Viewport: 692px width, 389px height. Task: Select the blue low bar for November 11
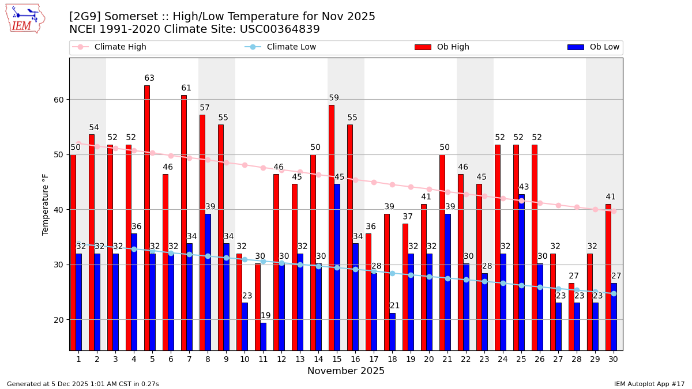263,337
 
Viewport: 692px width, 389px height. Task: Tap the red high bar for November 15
332,228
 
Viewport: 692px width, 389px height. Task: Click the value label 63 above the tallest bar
149,78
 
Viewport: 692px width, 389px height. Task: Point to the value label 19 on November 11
265,316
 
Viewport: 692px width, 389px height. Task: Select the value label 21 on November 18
394,306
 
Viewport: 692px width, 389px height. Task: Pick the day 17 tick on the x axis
373,359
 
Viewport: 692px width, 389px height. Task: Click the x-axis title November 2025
346,371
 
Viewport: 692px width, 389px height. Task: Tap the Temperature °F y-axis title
46,204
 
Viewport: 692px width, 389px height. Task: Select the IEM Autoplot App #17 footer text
649,384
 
